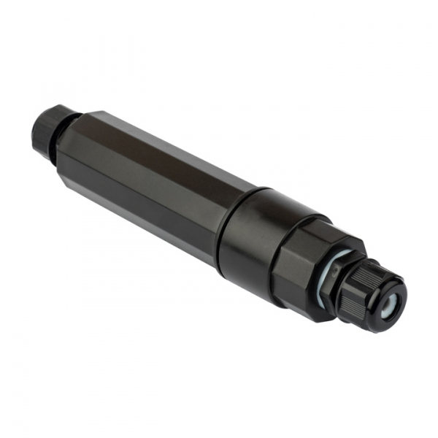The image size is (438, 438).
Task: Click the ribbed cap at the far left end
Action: [x=45, y=128]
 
